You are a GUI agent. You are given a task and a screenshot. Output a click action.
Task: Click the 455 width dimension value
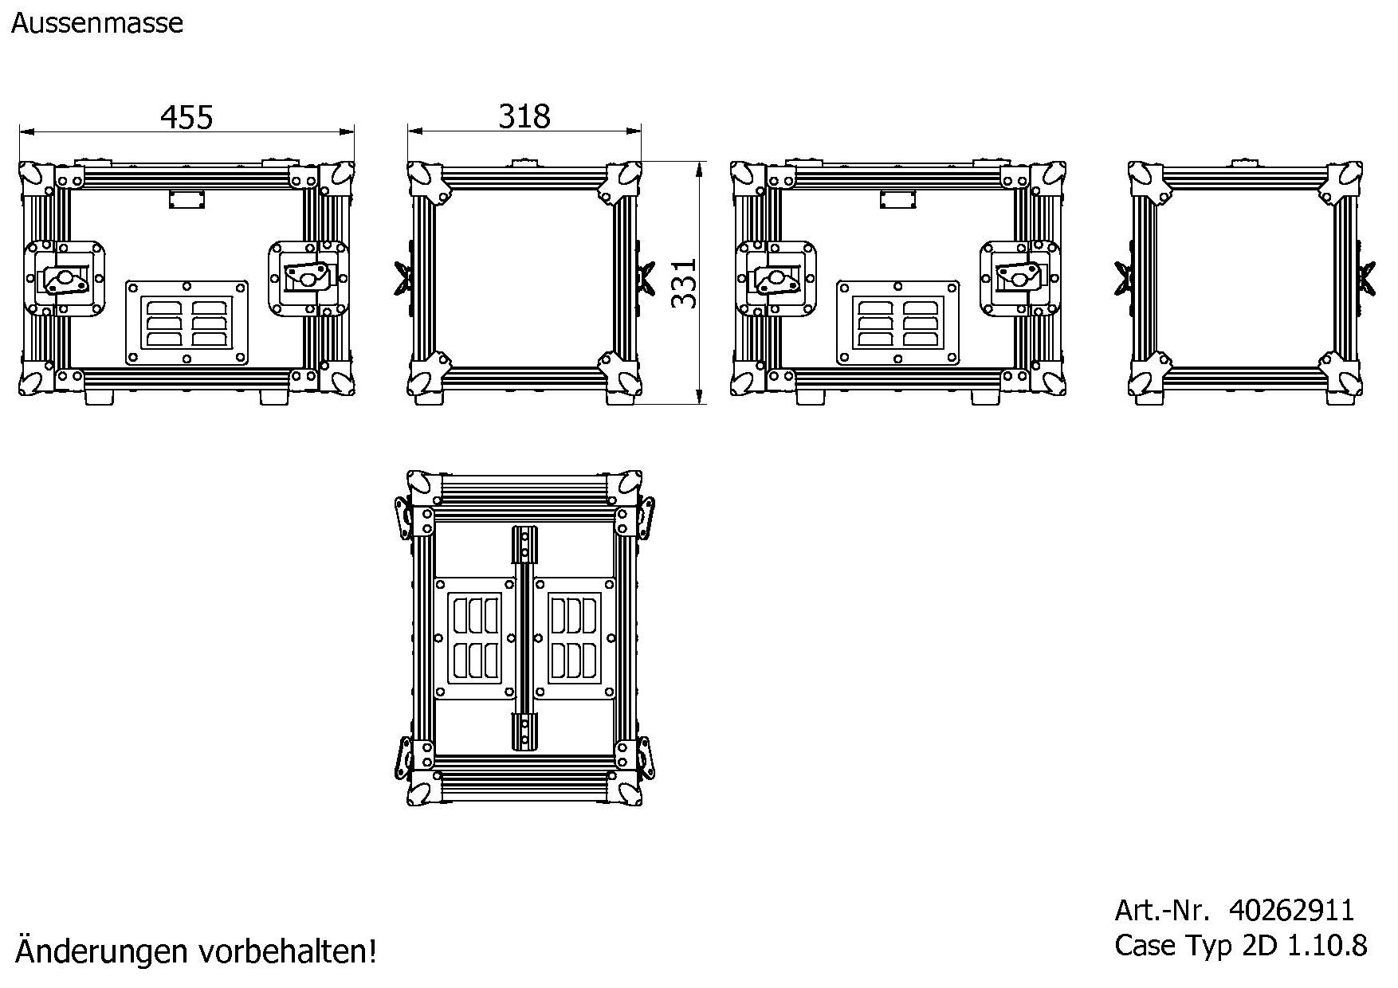[187, 117]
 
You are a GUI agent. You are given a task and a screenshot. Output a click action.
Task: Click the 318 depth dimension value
[524, 116]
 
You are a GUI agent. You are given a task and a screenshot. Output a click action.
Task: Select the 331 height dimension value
[684, 283]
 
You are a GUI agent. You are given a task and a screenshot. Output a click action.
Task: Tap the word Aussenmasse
[97, 23]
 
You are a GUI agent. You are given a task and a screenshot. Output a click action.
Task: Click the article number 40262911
[1291, 910]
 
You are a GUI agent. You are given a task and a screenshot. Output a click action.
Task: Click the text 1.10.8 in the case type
[1328, 946]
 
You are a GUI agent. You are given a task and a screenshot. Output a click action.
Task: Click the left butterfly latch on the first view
[64, 279]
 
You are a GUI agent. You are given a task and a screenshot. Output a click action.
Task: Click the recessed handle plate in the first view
[187, 322]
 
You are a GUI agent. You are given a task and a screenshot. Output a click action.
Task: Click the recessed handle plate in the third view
[897, 322]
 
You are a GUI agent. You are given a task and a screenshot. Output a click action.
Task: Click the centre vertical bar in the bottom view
[524, 637]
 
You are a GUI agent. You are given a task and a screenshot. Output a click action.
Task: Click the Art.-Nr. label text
[1161, 910]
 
